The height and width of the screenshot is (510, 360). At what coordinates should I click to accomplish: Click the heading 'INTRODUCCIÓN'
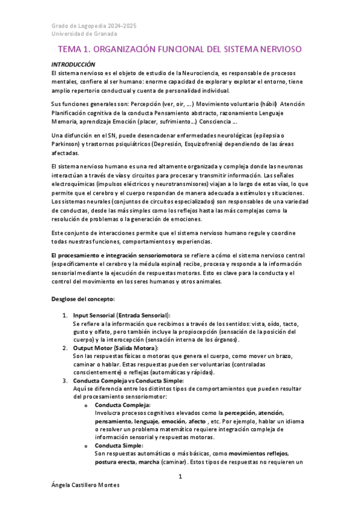73,64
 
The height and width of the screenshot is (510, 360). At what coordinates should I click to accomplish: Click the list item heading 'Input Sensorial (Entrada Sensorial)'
121,315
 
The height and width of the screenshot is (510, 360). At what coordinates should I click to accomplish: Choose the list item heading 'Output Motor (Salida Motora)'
115,348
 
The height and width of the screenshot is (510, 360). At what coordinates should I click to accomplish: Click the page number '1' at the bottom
180,477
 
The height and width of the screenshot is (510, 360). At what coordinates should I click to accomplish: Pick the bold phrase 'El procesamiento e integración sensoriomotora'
123,256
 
